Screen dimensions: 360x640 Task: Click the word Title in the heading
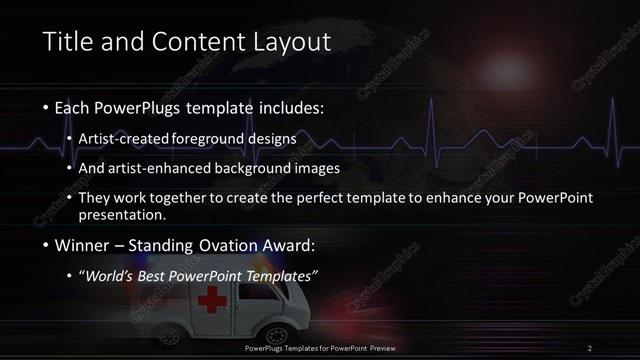click(69, 42)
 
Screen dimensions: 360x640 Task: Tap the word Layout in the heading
click(288, 42)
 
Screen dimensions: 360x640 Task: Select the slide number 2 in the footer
click(590, 347)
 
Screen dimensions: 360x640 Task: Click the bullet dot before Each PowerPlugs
click(47, 106)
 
